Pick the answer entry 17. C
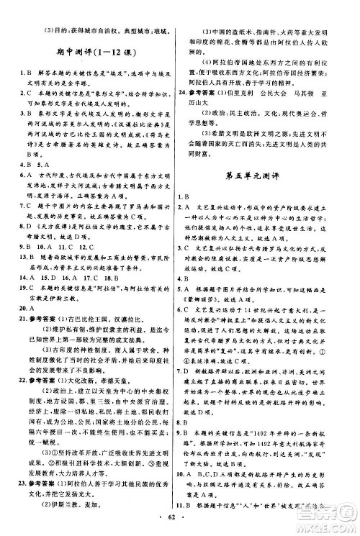tap(94, 276)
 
